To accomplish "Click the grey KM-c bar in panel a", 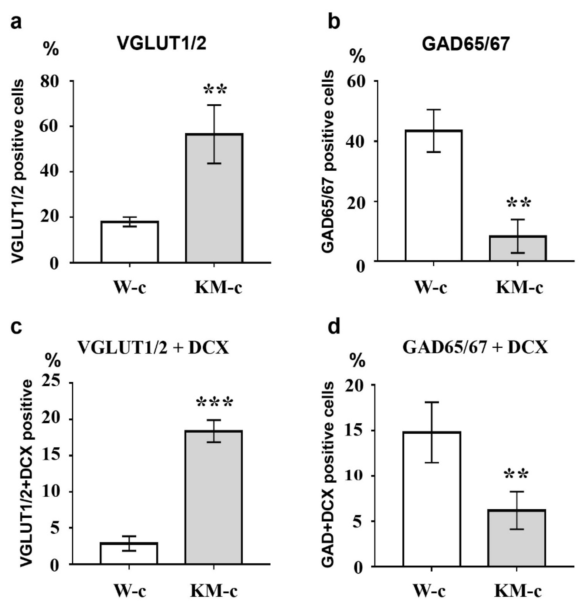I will [x=214, y=198].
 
